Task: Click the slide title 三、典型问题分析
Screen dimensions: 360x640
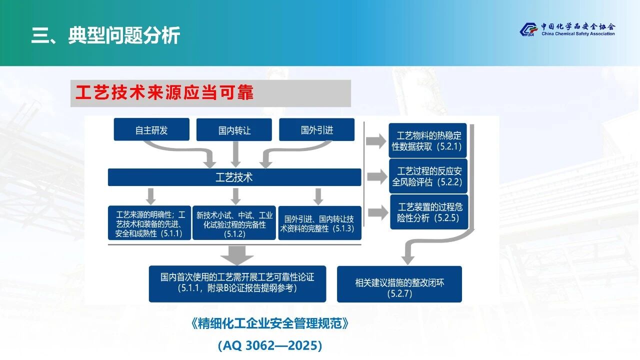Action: [105, 35]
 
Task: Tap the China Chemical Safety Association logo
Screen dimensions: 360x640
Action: [567, 29]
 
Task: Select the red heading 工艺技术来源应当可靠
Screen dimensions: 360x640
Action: [165, 93]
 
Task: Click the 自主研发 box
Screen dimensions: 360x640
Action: [151, 130]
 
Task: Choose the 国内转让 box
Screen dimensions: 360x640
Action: [234, 130]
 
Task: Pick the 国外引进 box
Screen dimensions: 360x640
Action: [316, 130]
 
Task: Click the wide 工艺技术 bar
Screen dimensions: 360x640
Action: [234, 177]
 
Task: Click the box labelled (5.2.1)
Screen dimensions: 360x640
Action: [428, 141]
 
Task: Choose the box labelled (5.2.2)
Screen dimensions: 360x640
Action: [428, 176]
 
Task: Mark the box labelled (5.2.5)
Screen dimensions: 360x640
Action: [429, 212]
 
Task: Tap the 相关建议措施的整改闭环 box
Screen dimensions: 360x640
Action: [399, 284]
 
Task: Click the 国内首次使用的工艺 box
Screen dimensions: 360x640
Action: [237, 283]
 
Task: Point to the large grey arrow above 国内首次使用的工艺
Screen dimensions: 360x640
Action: [237, 254]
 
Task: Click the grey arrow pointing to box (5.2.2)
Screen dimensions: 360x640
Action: [376, 176]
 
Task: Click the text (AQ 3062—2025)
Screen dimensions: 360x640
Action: [270, 345]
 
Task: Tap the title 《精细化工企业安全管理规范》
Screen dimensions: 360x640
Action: [270, 323]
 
